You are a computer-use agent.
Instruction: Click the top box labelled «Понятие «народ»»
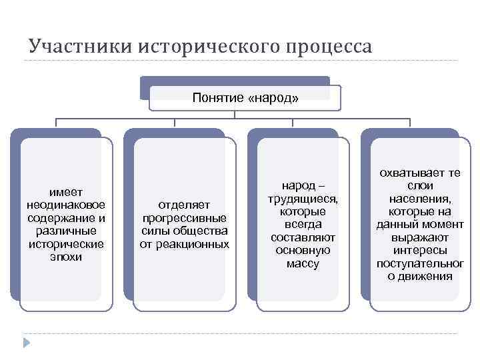(x=245, y=97)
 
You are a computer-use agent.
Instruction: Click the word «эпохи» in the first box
(x=66, y=256)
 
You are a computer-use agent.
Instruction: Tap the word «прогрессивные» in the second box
(x=184, y=218)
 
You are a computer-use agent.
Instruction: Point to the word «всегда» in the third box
(x=303, y=224)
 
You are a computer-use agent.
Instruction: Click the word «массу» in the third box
(x=303, y=263)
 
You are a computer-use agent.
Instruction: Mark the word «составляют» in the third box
(x=303, y=237)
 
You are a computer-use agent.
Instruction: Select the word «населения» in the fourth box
(x=419, y=198)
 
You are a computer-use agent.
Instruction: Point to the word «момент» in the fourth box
(x=440, y=224)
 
